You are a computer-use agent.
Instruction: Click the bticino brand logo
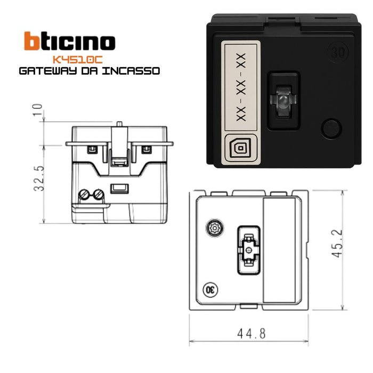(x=69, y=42)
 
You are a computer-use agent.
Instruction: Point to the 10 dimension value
(x=37, y=111)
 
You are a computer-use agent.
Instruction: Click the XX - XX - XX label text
(x=241, y=87)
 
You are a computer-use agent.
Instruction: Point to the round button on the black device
(x=331, y=128)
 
